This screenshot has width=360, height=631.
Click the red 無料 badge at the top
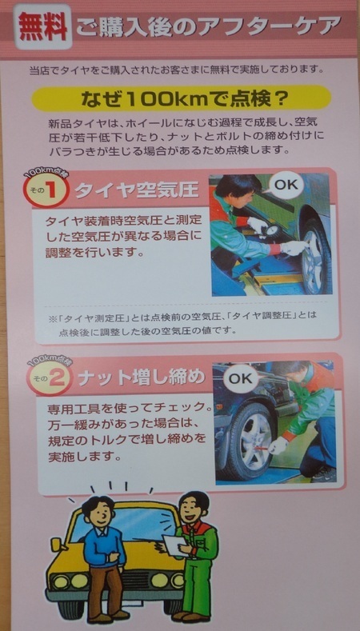(43, 26)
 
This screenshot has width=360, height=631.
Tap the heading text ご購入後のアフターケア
(209, 27)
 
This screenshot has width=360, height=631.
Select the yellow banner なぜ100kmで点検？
(182, 98)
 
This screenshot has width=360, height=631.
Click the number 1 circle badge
(45, 190)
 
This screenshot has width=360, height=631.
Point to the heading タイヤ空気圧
(137, 190)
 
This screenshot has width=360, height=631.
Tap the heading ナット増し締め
(142, 377)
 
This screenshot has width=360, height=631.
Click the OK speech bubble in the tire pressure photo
(286, 185)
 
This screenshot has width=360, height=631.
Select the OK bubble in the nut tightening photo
(241, 378)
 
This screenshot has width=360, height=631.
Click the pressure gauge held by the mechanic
(273, 231)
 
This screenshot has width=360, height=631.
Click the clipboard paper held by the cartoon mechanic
(176, 545)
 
